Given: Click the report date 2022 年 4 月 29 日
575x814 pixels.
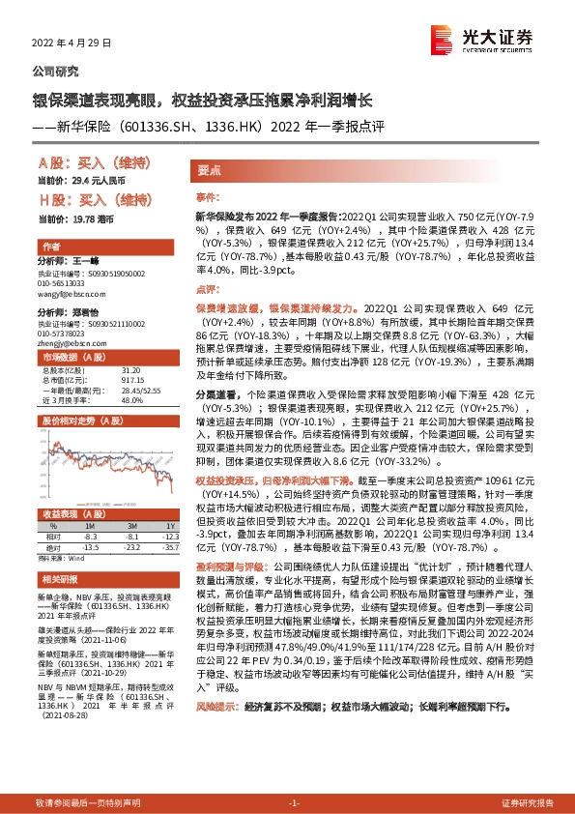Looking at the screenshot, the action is coord(72,44).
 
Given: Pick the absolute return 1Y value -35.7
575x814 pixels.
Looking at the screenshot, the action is coord(171,547).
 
